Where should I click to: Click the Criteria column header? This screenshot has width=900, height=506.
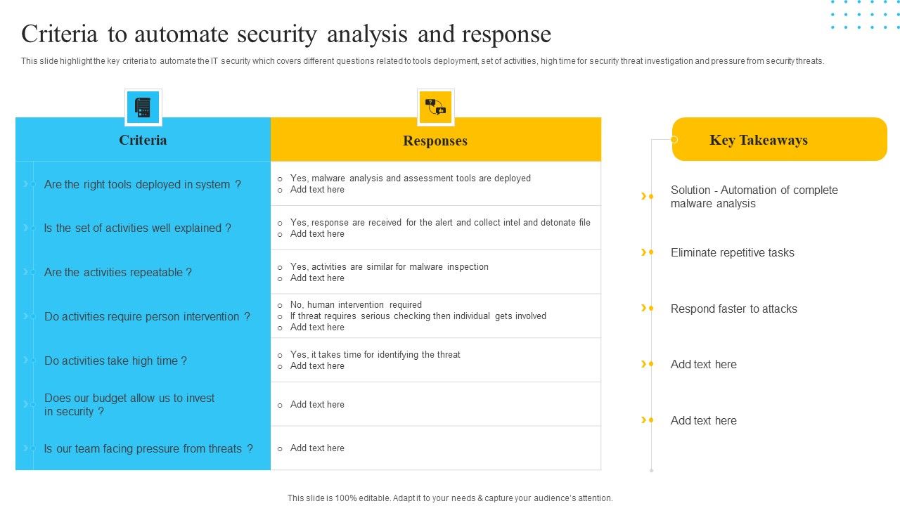(x=143, y=140)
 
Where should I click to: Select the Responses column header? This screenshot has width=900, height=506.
(x=435, y=141)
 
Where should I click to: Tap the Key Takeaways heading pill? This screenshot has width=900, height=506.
(x=779, y=139)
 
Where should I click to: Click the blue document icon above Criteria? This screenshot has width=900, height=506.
(x=143, y=108)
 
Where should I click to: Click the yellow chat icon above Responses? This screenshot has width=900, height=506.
(x=435, y=108)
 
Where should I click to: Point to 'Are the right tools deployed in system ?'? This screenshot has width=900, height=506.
(x=142, y=184)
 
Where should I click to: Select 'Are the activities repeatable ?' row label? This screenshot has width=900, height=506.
(x=117, y=272)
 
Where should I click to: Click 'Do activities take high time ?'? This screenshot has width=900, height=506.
(x=115, y=361)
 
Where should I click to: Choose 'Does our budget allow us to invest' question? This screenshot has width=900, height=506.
(x=129, y=398)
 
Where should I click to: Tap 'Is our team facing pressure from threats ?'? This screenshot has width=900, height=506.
(x=148, y=448)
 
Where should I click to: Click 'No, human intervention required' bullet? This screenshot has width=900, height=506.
(x=356, y=305)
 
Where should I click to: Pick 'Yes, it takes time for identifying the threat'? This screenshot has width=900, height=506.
(x=375, y=355)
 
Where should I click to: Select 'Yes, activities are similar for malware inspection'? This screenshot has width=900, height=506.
(x=389, y=267)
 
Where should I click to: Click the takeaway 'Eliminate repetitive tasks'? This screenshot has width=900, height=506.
(x=732, y=252)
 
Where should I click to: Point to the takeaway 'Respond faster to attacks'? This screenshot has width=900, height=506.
(x=733, y=309)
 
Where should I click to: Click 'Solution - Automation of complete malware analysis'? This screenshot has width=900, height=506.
(x=754, y=197)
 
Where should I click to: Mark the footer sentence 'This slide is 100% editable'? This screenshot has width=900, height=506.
(x=450, y=498)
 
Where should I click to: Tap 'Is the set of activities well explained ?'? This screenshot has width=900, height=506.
(x=137, y=228)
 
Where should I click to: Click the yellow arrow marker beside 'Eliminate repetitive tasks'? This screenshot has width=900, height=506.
(x=643, y=252)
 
